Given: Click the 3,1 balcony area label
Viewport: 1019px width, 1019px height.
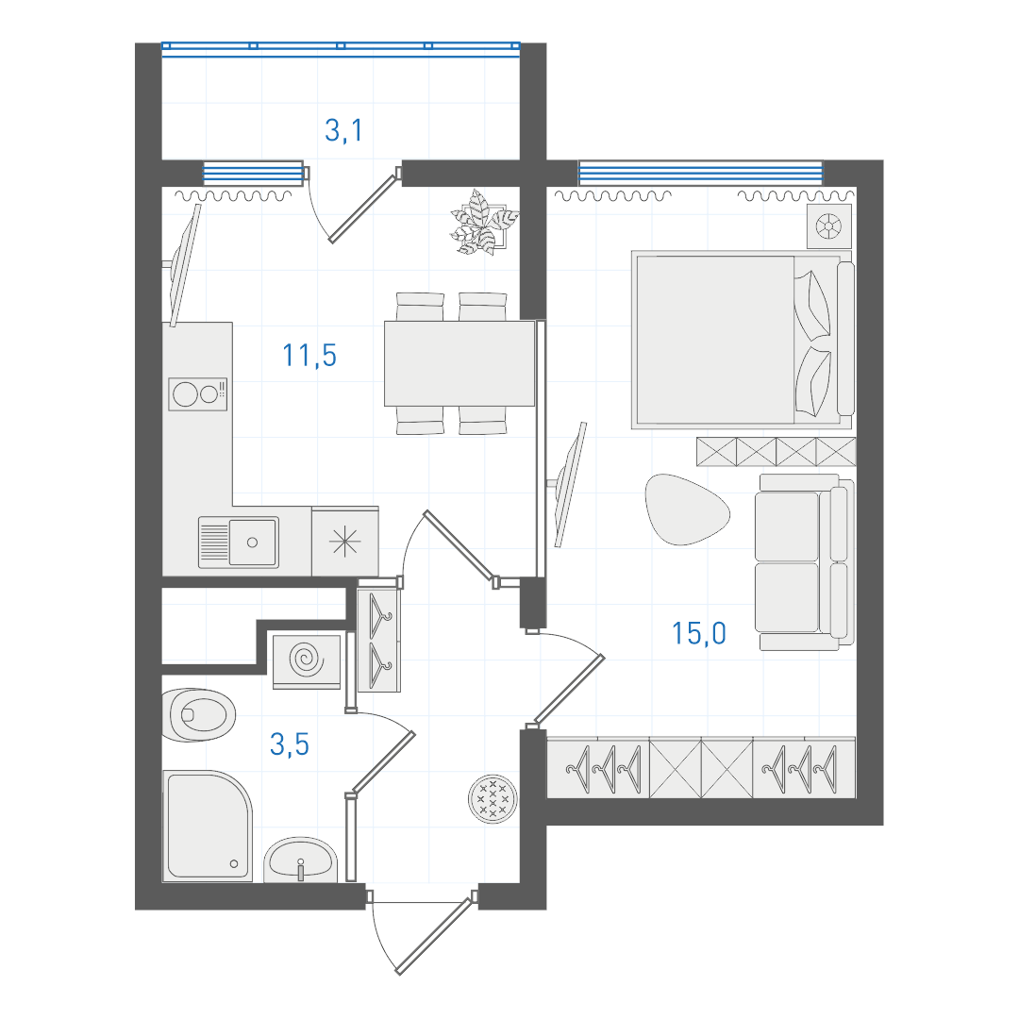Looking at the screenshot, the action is [343, 130].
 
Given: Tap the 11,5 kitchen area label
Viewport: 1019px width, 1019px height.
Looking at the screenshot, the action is [309, 356].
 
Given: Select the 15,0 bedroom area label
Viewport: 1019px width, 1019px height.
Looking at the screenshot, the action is [698, 633].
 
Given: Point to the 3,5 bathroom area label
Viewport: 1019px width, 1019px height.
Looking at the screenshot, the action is [290, 744].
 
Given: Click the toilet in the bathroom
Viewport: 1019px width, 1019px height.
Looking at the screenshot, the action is [197, 715].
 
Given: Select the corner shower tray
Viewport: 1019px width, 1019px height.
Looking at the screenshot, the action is [207, 826].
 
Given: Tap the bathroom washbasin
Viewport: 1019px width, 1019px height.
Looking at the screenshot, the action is [300, 860].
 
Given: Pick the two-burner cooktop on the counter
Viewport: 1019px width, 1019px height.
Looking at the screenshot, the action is [197, 393].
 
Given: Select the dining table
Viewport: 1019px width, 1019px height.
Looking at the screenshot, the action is [459, 363].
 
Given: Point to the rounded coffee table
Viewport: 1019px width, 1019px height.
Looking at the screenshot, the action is [686, 509].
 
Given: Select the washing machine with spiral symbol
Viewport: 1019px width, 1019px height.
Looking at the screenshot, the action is [307, 662].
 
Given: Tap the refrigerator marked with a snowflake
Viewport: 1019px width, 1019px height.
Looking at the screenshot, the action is [345, 542].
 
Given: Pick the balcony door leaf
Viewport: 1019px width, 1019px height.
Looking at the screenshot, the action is [364, 208].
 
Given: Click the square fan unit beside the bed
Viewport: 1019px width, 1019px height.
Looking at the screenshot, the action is [828, 226].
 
